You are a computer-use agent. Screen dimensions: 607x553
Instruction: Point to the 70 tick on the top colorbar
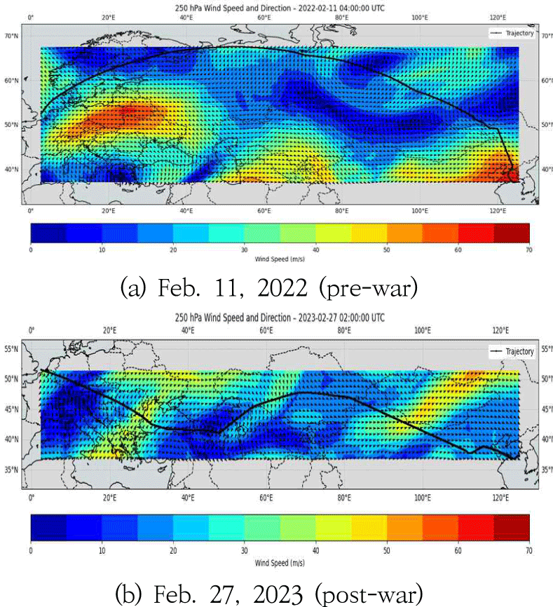529,249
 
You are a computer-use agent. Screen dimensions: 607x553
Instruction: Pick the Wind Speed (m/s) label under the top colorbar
280,258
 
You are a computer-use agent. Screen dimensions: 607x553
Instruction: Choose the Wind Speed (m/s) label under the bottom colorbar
280,563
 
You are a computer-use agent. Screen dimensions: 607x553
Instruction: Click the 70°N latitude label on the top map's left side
12,35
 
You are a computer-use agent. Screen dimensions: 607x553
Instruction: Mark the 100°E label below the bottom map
422,498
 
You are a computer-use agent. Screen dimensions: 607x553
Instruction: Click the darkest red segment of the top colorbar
512,233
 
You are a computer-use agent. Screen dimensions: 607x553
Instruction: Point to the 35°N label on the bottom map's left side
12,470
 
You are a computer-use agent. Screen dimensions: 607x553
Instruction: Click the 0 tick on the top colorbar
31,249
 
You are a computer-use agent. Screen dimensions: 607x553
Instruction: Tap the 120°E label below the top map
499,211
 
